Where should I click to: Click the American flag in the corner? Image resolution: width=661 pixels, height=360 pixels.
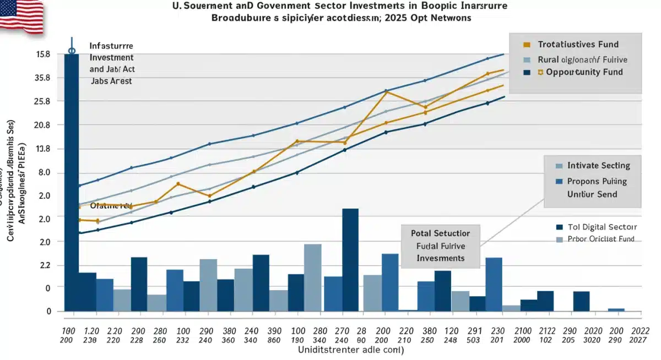pyautogui.click(x=21, y=15)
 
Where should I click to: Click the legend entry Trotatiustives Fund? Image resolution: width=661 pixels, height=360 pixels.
pyautogui.click(x=578, y=45)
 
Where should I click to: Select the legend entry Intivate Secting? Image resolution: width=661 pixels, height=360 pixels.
pyautogui.click(x=598, y=165)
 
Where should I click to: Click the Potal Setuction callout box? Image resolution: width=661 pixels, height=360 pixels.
pyautogui.click(x=440, y=246)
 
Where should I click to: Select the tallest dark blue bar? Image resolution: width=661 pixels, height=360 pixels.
pyautogui.click(x=71, y=182)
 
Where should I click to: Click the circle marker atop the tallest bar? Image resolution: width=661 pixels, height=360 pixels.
pyautogui.click(x=71, y=51)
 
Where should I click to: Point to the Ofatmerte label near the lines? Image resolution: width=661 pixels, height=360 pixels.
pyautogui.click(x=113, y=205)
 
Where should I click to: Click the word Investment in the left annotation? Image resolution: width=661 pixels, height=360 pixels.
pyautogui.click(x=111, y=57)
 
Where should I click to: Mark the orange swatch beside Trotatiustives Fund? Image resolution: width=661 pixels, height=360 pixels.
pyautogui.click(x=527, y=45)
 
